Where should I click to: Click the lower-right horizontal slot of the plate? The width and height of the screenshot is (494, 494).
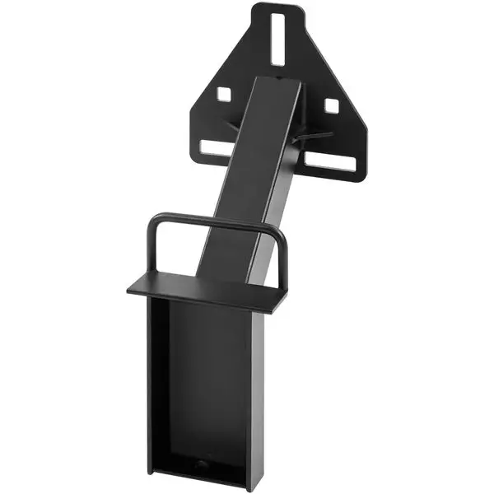pyautogui.click(x=331, y=162)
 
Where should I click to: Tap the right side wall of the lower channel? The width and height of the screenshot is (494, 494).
pyautogui.click(x=256, y=387)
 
